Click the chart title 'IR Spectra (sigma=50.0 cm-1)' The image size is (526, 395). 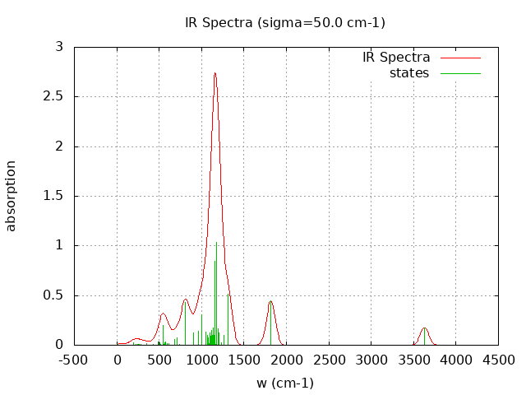click(x=285, y=22)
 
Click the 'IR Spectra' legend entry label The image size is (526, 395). click(x=396, y=58)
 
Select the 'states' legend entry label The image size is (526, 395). click(x=409, y=73)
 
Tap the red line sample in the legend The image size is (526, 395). click(x=460, y=58)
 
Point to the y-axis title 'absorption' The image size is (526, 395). click(x=12, y=196)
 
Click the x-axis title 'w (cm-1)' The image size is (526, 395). click(x=285, y=383)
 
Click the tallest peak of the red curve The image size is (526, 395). click(x=215, y=73)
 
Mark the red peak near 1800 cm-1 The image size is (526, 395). click(x=270, y=301)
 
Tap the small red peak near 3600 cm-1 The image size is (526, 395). click(x=424, y=328)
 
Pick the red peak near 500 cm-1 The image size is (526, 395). click(x=164, y=314)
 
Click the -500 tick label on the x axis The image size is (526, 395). click(x=74, y=360)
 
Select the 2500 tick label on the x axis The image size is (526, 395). click(x=329, y=360)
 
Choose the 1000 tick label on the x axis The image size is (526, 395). click(x=201, y=360)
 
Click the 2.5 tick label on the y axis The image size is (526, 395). click(x=54, y=96)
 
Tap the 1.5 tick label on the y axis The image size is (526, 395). click(x=54, y=196)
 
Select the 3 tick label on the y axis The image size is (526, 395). click(x=59, y=47)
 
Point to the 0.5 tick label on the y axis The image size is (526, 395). click(x=54, y=295)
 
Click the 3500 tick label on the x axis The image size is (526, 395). click(x=413, y=360)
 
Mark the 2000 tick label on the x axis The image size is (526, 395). click(x=286, y=360)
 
